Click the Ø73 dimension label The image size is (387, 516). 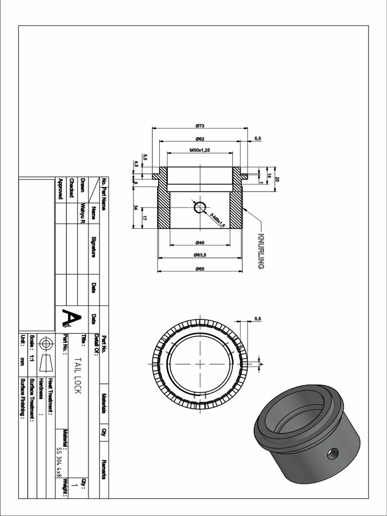[200, 125]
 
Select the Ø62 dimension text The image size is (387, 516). [200, 139]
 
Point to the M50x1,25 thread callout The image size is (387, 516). [200, 150]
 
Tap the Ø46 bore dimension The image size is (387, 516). [200, 243]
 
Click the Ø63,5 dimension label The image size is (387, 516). [200, 255]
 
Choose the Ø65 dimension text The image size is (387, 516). [200, 269]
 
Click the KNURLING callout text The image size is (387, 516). [261, 250]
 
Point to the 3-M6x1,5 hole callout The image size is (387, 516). [217, 220]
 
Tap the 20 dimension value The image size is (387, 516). [277, 179]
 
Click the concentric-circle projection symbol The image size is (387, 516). [46, 344]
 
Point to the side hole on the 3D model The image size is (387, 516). [333, 454]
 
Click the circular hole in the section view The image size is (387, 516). [200, 207]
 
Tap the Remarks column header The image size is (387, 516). [104, 469]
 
